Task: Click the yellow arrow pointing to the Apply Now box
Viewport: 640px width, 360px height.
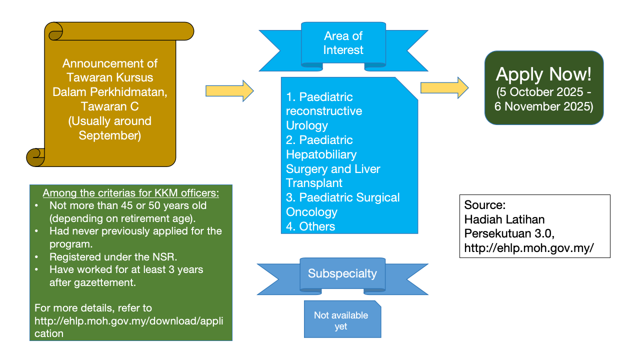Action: [x=444, y=88]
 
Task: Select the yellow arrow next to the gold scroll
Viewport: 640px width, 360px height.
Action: [x=229, y=90]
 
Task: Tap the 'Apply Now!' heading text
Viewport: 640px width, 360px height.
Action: [x=543, y=74]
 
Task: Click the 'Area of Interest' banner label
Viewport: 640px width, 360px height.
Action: [x=343, y=43]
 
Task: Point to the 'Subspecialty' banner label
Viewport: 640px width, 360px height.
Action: [x=342, y=273]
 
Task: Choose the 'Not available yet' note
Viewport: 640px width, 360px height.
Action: [x=341, y=321]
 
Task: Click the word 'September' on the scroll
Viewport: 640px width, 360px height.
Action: [x=109, y=135]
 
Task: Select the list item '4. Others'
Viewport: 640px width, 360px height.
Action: [x=310, y=226]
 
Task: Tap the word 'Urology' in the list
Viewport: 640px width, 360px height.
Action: [x=307, y=125]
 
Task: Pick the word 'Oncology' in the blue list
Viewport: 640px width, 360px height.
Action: [x=312, y=212]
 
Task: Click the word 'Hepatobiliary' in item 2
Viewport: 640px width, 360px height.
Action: [x=321, y=154]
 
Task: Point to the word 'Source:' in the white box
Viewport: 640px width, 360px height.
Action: [x=485, y=205]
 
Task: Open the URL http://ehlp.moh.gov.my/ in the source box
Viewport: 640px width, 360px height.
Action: [x=529, y=247]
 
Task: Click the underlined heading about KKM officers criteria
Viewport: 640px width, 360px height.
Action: [x=130, y=193]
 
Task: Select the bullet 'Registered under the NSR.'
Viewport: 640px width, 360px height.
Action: [x=113, y=257]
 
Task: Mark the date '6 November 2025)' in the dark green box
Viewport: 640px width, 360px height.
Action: [x=543, y=106]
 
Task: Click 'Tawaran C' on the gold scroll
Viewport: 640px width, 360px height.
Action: [x=109, y=106]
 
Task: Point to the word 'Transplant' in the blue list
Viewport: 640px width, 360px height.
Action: [x=314, y=183]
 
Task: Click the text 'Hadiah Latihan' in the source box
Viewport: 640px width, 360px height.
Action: [x=504, y=219]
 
